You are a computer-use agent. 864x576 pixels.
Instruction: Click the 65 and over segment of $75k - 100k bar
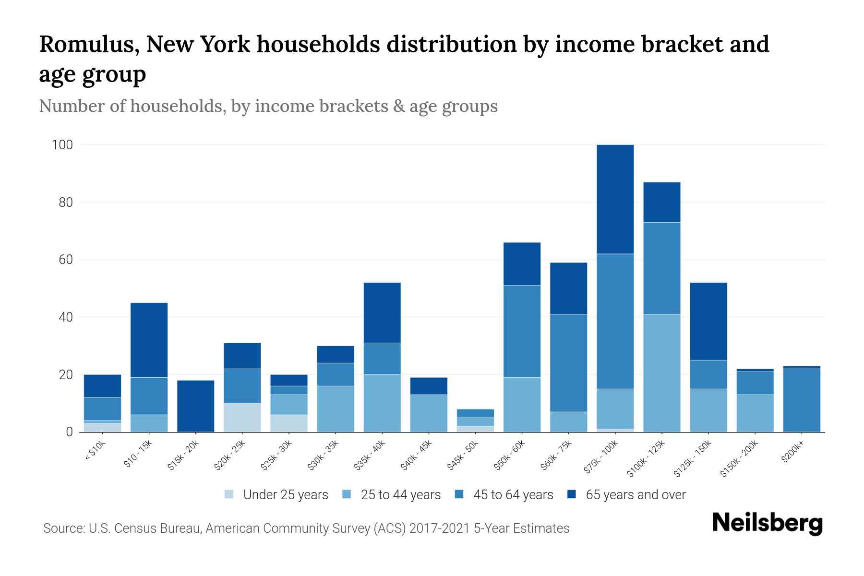click(x=615, y=199)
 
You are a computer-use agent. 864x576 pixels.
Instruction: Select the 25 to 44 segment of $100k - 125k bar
click(x=661, y=373)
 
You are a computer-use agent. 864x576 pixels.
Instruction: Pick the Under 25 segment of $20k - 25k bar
click(x=242, y=418)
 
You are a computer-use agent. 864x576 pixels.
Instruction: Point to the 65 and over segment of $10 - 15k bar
click(x=149, y=340)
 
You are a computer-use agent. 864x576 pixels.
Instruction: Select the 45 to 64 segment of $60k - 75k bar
click(x=568, y=363)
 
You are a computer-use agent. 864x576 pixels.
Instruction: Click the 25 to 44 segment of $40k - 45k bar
click(x=428, y=413)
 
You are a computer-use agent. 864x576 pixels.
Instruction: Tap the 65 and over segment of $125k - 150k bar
click(x=708, y=321)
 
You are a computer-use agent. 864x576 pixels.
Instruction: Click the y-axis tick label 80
click(x=63, y=203)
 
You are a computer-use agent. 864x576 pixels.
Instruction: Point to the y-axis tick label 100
click(x=62, y=145)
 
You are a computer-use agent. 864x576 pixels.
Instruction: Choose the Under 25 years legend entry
click(x=285, y=495)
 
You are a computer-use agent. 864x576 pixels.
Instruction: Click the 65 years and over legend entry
click(x=635, y=495)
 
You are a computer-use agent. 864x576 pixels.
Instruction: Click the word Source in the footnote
click(x=62, y=528)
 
